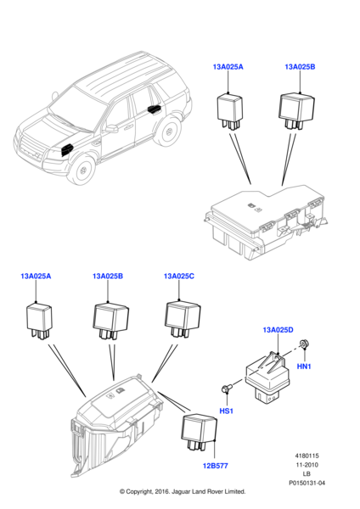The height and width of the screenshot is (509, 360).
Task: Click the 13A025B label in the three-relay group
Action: click(x=109, y=277)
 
